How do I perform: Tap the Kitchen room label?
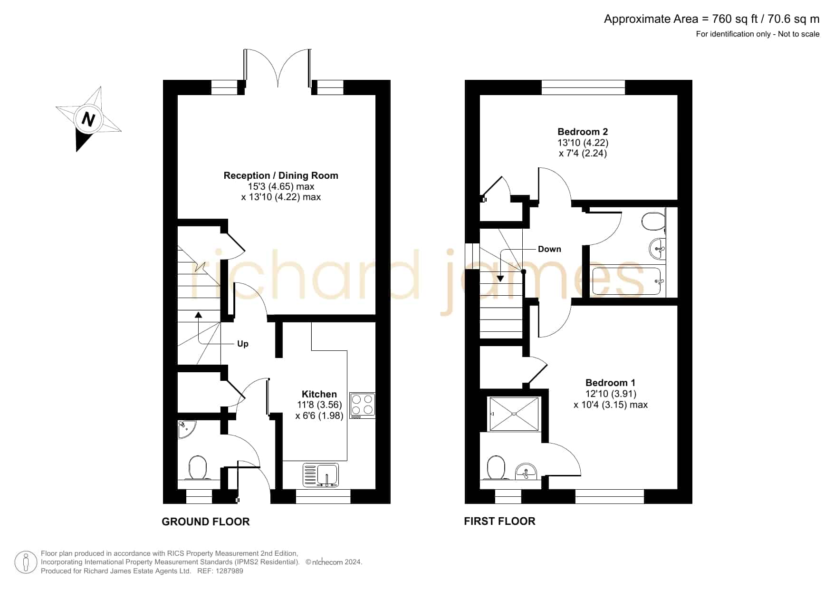click(x=319, y=394)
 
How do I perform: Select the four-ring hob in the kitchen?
click(x=362, y=406)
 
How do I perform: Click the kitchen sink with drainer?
click(x=321, y=475)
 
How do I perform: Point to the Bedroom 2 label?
click(x=583, y=132)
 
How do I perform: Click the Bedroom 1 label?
click(x=610, y=383)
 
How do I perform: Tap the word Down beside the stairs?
click(x=549, y=249)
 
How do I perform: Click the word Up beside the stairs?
click(x=243, y=344)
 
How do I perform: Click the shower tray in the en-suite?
click(x=514, y=414)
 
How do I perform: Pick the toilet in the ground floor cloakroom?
click(x=198, y=468)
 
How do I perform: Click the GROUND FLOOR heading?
click(x=206, y=522)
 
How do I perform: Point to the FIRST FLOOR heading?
click(x=499, y=521)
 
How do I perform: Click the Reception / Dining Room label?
click(x=281, y=175)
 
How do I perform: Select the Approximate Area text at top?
click(x=711, y=19)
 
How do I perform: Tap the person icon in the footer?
click(x=26, y=562)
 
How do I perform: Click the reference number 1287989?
click(x=230, y=571)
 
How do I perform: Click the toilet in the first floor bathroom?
click(x=653, y=221)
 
